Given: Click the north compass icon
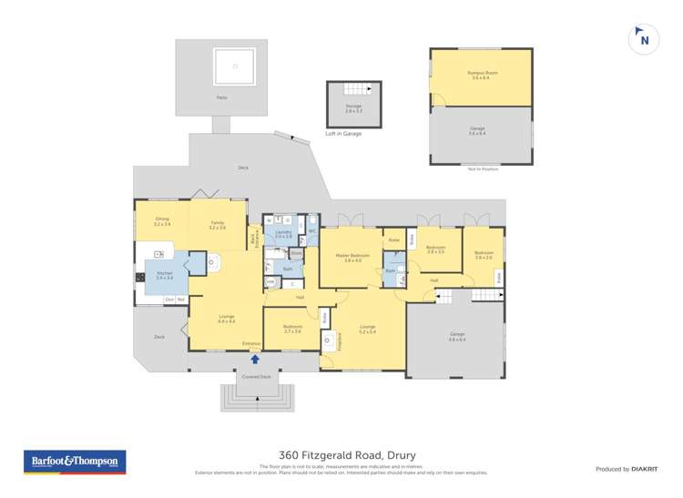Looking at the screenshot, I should tap(644, 39).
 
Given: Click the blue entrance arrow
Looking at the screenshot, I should tap(255, 358).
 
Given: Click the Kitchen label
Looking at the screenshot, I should tap(164, 276).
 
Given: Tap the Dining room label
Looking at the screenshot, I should tap(162, 221).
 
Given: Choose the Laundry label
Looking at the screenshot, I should tap(283, 234).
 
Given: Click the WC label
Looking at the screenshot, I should tap(311, 231).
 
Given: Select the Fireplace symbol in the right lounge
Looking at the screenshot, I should tap(328, 341).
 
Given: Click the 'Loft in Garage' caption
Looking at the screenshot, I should tap(343, 134).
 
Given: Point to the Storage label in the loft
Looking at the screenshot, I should tap(353, 108).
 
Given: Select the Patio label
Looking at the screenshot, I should tap(221, 97).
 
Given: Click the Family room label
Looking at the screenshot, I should tap(217, 225).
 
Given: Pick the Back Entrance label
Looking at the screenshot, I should tap(254, 240).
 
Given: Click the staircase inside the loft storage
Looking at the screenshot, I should tap(353, 90).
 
